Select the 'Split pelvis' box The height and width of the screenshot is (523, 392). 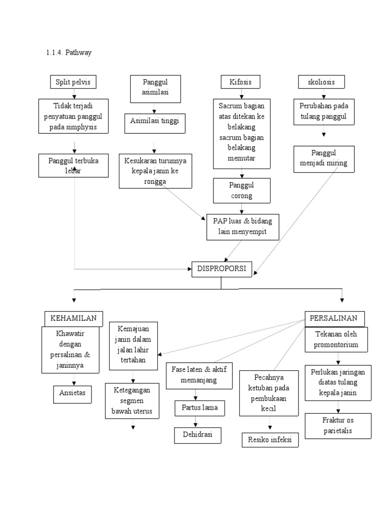click(73, 82)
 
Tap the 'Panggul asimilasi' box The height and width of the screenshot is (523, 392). click(155, 87)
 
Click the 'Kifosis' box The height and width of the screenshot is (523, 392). click(240, 82)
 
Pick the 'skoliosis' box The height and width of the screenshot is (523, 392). click(321, 82)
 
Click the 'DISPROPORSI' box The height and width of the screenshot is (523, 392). click(222, 268)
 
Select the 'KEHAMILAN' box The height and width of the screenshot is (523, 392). click(73, 318)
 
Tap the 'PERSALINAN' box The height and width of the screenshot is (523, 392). click(334, 318)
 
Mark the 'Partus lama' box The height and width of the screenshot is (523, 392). click(196, 408)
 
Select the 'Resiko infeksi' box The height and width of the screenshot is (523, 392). click(269, 439)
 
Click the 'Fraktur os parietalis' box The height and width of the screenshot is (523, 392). click(337, 425)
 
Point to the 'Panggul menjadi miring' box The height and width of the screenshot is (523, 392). click(324, 158)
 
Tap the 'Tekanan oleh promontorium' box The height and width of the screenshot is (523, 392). click(337, 340)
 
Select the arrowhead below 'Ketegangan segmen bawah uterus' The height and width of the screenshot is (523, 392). click(133, 427)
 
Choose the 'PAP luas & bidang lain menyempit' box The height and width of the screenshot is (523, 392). click(243, 226)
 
